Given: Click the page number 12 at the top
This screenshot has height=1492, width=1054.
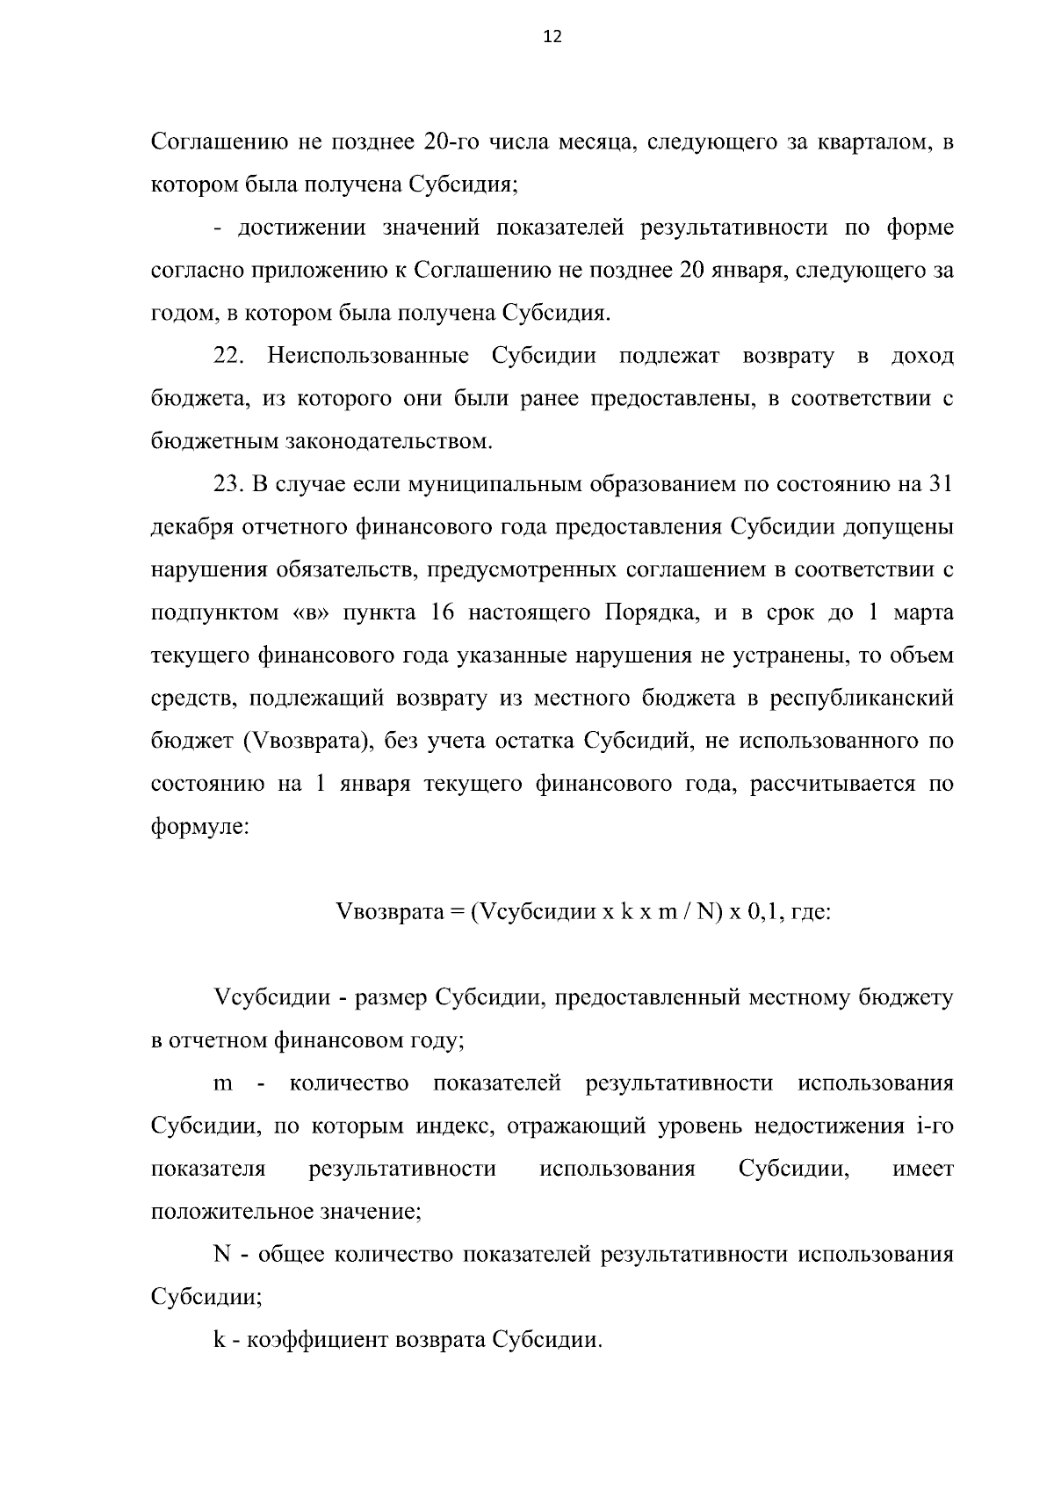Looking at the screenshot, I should click(552, 37).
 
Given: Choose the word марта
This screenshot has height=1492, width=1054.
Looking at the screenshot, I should click(923, 612).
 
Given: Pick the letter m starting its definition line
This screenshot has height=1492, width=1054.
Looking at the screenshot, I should click(223, 1083).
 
